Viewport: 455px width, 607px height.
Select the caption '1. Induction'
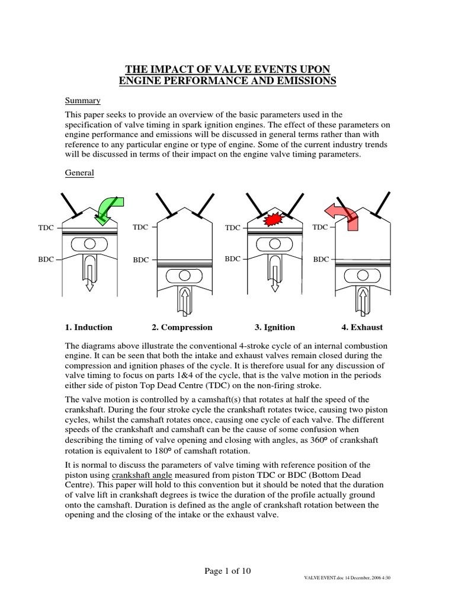coord(88,327)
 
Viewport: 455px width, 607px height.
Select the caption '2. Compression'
coord(182,327)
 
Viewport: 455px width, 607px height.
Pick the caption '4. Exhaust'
coord(362,327)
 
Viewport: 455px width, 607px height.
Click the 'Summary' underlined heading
coord(82,101)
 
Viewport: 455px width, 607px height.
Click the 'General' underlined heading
coord(80,173)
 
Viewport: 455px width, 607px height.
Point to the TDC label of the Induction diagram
coord(45,228)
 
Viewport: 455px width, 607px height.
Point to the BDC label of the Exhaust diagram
coord(321,259)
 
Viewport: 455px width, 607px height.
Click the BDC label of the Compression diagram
coord(141,260)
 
